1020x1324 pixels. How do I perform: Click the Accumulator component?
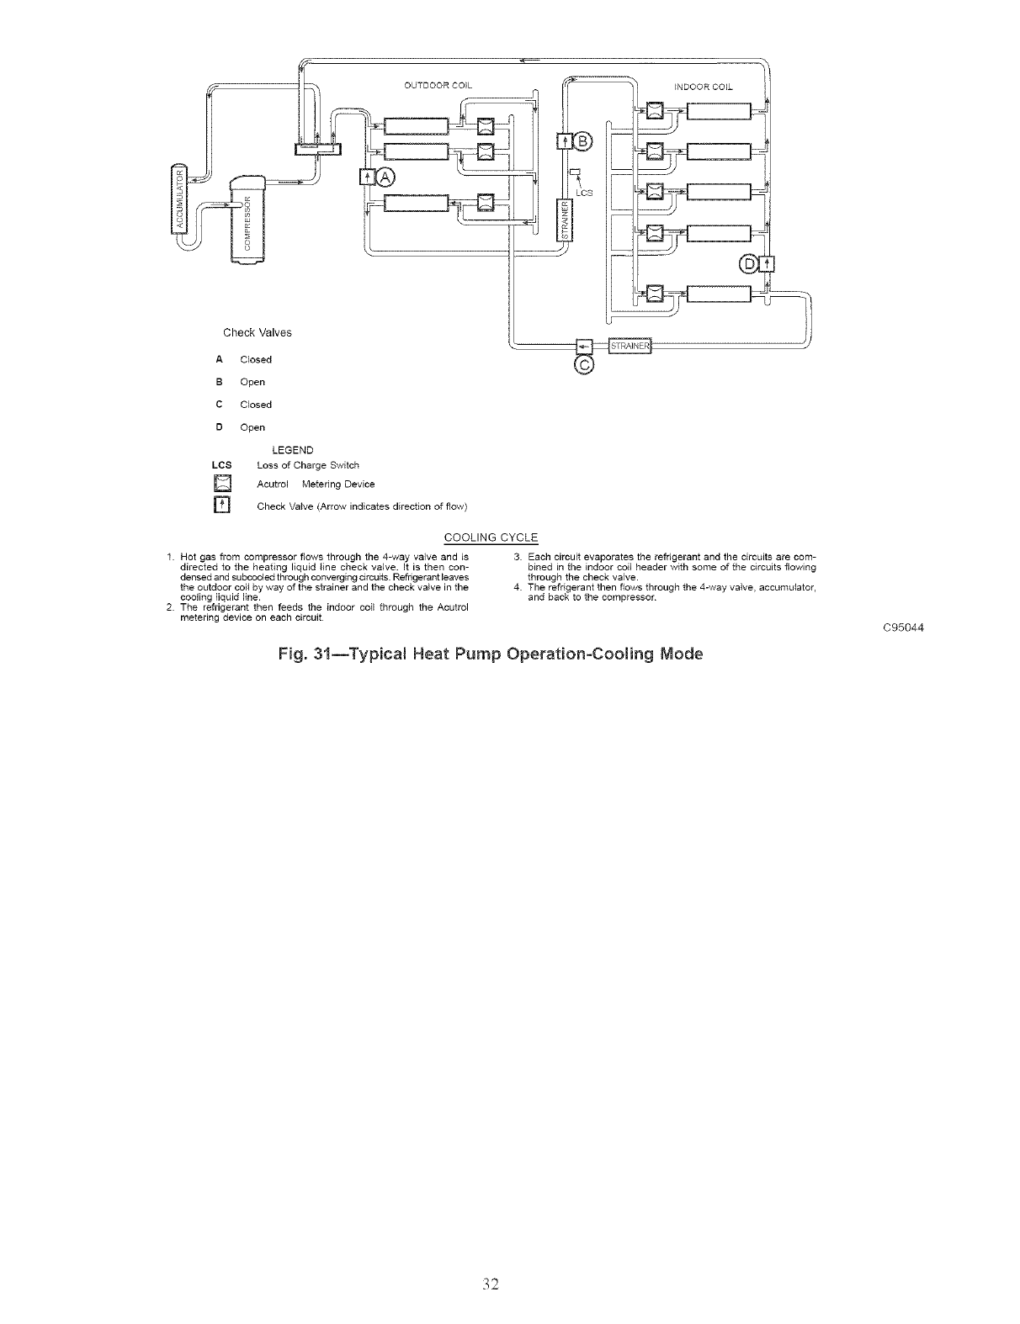(178, 197)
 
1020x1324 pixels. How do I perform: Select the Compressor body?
(247, 220)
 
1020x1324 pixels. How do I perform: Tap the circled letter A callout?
(385, 177)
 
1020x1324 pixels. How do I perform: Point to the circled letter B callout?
(584, 140)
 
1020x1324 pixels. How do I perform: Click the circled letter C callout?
(584, 364)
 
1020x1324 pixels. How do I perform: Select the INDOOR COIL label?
(704, 86)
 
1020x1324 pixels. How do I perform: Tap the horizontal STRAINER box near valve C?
(630, 346)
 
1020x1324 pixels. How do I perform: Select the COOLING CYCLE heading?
(491, 538)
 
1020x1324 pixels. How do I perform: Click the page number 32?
(492, 1284)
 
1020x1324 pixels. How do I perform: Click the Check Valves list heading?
(258, 332)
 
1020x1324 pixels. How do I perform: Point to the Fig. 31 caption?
(490, 654)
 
